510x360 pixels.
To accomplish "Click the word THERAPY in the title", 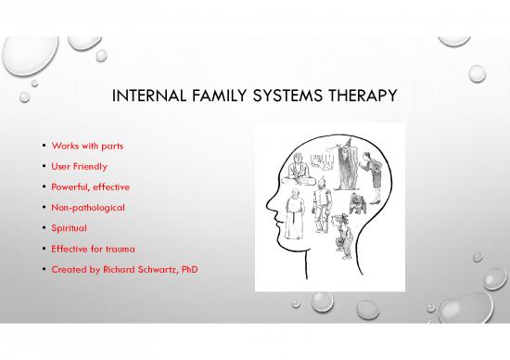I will click(366, 97).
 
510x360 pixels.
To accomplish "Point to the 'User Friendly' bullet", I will click(78, 167).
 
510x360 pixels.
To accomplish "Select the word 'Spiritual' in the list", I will click(70, 227).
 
